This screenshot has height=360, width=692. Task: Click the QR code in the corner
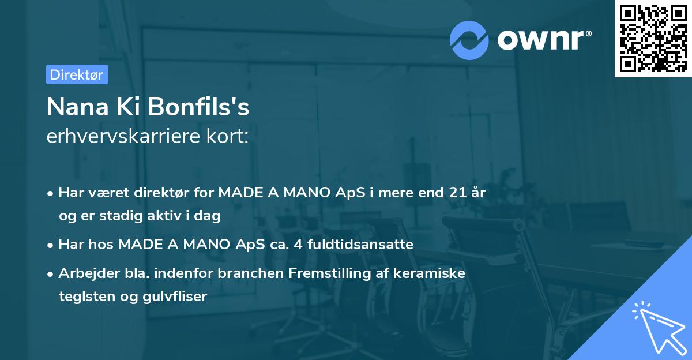pos(653,39)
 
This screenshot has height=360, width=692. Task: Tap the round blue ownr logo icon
pos(469,39)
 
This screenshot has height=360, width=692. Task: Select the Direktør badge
pos(77,74)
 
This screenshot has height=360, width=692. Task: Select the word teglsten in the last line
pos(80,297)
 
